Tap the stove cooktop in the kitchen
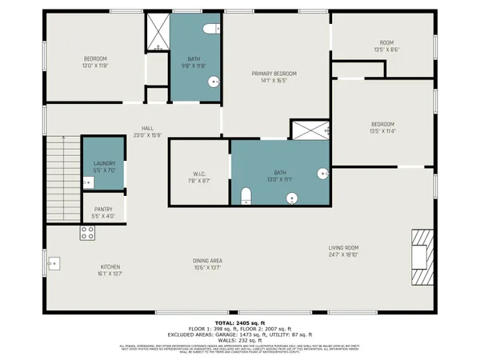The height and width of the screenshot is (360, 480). coord(87,233)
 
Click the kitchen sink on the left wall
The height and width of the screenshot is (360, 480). coord(54,262)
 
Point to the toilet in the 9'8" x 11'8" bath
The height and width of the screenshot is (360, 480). coord(210,29)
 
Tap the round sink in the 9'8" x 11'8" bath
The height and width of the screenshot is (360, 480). coord(214,82)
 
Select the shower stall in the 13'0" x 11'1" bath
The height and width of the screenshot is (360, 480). coord(309,130)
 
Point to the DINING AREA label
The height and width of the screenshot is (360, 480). coord(207,261)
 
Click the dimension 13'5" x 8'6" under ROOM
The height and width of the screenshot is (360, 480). coord(386,50)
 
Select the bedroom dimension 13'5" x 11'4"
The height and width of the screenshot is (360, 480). coord(382,131)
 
